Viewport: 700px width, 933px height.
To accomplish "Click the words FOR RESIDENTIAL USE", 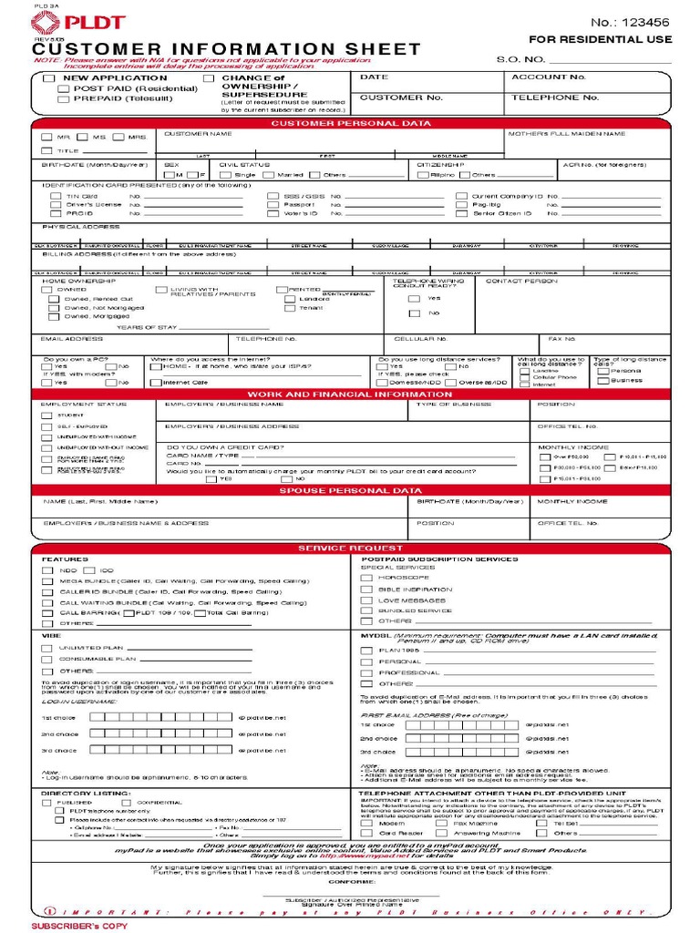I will coord(601,40).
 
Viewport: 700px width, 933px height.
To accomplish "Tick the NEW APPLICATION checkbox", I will coord(49,78).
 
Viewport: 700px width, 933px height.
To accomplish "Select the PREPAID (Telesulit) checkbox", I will coord(63,98).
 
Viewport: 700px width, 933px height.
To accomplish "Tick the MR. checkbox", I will coord(46,138).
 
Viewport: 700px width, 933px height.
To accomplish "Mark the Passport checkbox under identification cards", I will coord(260,205).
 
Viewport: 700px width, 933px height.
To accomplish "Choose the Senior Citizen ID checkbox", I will coord(463,213).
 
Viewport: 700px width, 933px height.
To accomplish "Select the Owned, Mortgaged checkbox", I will coord(54,316).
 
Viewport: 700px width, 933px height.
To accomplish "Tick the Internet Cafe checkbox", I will coord(156,383).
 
